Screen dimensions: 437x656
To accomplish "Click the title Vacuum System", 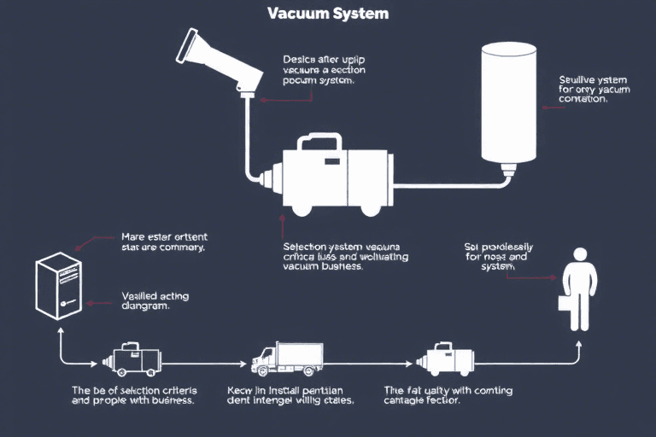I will coord(328,14).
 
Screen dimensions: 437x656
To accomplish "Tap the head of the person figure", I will coord(580,255).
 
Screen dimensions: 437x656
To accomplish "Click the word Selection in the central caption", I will coord(304,246).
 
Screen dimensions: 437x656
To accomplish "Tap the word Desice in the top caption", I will coord(298,60).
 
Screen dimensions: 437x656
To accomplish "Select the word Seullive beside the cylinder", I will coord(577,79).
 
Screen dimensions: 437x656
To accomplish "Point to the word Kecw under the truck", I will coord(242,390).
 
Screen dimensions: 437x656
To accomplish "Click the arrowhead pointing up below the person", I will coord(578,345).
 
